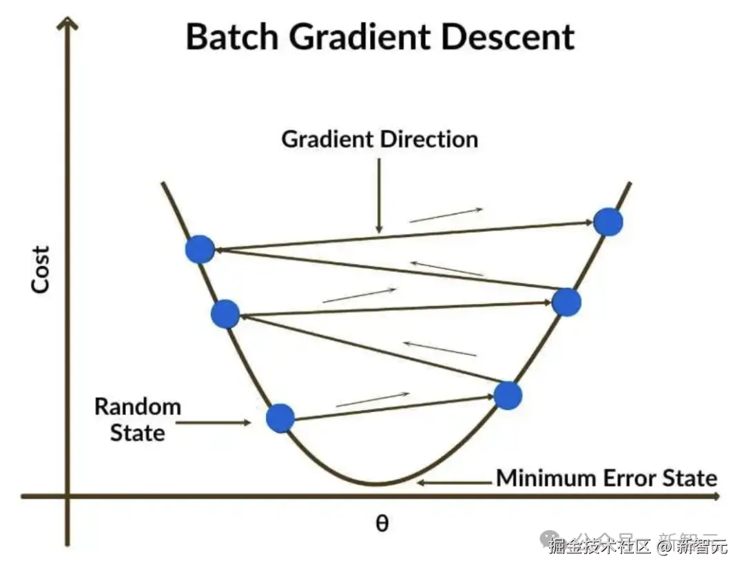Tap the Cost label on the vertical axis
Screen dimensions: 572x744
click(41, 269)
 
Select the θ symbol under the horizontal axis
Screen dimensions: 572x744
click(382, 523)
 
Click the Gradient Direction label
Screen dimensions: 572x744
click(380, 140)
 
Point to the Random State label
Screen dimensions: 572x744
click(137, 419)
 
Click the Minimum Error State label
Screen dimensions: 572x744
click(607, 478)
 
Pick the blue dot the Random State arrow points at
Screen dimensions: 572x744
click(280, 418)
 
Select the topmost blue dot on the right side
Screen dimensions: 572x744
click(608, 222)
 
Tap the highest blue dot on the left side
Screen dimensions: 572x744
click(200, 249)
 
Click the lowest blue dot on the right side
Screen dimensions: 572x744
click(508, 396)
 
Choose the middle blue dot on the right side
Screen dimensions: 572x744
click(567, 302)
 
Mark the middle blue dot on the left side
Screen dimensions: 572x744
click(225, 314)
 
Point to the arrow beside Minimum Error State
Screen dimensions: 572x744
click(455, 482)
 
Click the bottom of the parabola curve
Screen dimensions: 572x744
click(377, 484)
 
